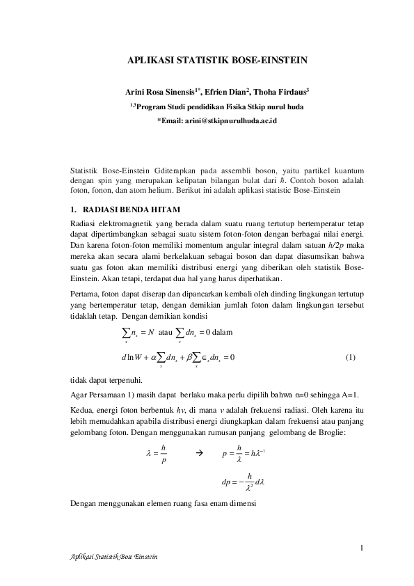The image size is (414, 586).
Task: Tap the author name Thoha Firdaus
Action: [x=282, y=92]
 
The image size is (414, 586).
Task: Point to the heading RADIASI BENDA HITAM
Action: [x=132, y=209]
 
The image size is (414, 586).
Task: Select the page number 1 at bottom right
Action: [x=363, y=546]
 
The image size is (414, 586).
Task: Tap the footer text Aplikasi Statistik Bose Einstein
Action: [x=111, y=557]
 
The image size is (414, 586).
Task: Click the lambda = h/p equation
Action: [x=156, y=454]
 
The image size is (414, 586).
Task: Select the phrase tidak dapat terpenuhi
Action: [x=107, y=380]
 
